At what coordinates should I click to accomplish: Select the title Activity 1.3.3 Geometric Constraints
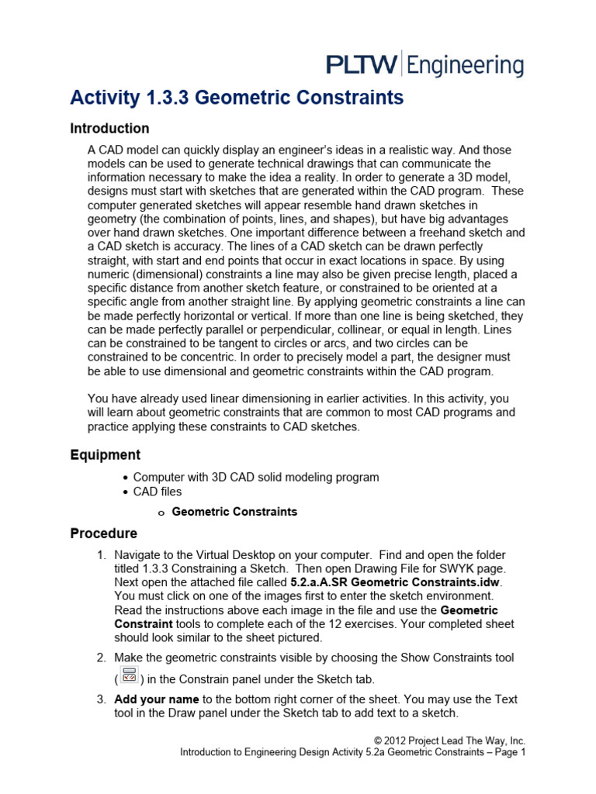click(237, 98)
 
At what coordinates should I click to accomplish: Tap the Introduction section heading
click(109, 129)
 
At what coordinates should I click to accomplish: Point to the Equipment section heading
click(106, 455)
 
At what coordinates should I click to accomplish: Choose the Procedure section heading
click(104, 533)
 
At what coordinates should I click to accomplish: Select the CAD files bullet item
click(158, 492)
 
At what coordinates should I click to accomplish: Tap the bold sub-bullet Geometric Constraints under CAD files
click(234, 512)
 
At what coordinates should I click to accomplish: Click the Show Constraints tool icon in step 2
click(130, 675)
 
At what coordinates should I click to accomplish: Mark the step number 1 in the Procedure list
click(101, 556)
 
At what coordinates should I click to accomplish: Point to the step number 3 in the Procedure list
click(101, 699)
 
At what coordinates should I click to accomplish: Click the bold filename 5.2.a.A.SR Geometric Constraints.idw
click(396, 582)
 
